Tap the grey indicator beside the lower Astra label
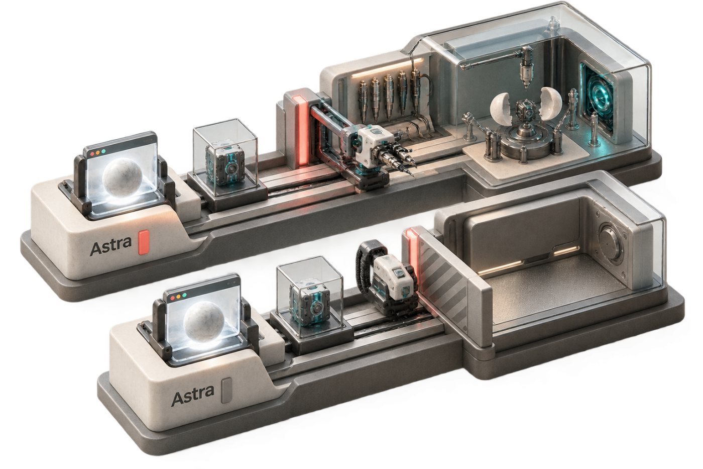226,391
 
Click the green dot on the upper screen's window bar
103,151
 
